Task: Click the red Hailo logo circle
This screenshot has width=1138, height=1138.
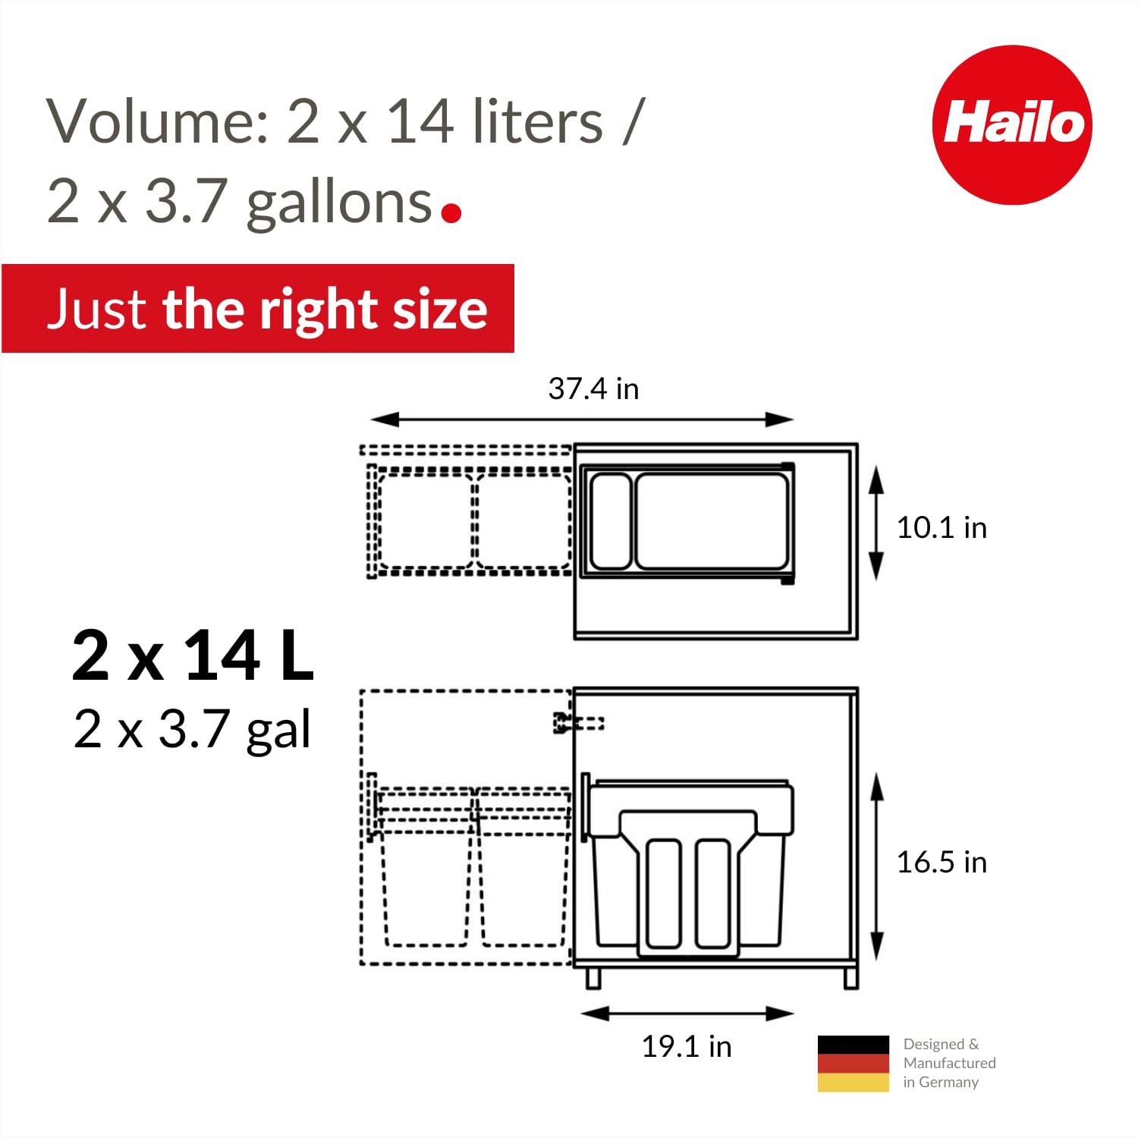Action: pos(1012,125)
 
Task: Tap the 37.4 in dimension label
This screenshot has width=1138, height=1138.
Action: pos(593,389)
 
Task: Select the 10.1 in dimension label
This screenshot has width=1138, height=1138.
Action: pos(942,528)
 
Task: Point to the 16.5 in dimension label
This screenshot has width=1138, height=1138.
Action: pos(942,863)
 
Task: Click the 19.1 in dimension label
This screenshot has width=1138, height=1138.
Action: pos(687,1047)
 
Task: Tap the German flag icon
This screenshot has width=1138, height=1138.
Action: pos(853,1064)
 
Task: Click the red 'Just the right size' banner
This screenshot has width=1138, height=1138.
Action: pos(258,309)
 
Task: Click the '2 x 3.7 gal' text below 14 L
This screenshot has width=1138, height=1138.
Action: pos(193,730)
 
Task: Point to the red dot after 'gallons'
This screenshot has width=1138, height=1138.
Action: pos(451,213)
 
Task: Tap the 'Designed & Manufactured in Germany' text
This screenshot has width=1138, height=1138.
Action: pos(948,1064)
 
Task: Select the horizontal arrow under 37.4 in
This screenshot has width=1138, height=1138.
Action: pos(582,420)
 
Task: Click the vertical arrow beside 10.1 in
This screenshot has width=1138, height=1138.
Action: pos(876,523)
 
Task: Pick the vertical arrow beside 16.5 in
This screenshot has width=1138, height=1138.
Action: pos(877,867)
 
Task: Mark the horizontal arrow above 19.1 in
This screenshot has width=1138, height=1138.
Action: pos(687,1014)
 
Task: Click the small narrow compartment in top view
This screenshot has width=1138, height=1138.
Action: pos(611,521)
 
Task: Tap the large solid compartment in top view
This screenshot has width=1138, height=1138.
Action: pos(712,521)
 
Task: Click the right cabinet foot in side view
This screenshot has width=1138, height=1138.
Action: pos(850,977)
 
